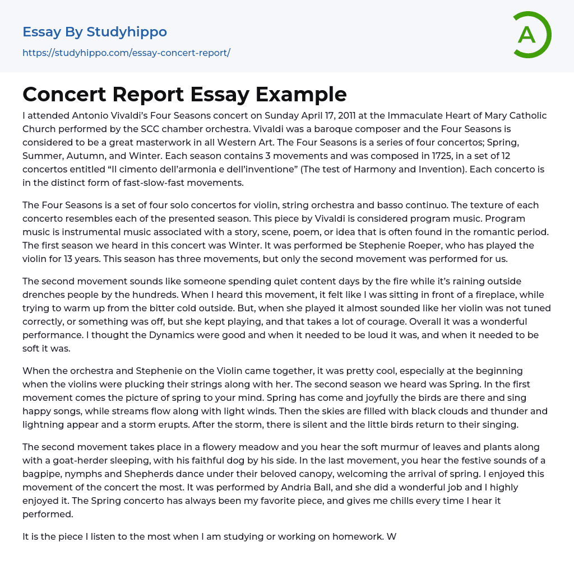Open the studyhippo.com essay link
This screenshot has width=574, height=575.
126,53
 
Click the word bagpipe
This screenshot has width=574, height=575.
42,474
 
